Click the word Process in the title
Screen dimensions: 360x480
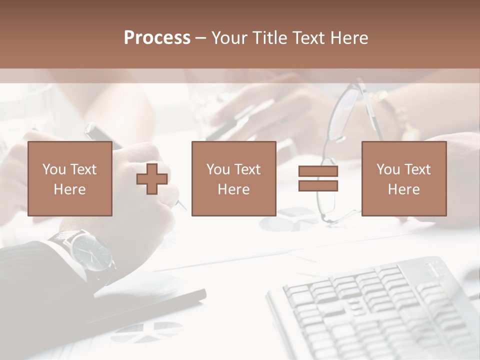[157, 38]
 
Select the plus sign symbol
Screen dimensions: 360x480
[152, 179]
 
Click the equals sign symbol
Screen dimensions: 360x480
[318, 178]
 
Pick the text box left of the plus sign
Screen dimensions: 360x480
[70, 179]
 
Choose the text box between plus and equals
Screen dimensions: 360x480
[233, 179]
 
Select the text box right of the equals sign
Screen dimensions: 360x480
[403, 179]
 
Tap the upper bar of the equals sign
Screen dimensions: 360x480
[318, 171]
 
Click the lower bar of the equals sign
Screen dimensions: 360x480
[318, 185]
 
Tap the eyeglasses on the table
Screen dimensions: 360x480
[340, 150]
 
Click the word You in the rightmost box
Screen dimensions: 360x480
[388, 169]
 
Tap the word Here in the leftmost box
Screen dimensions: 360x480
[70, 189]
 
